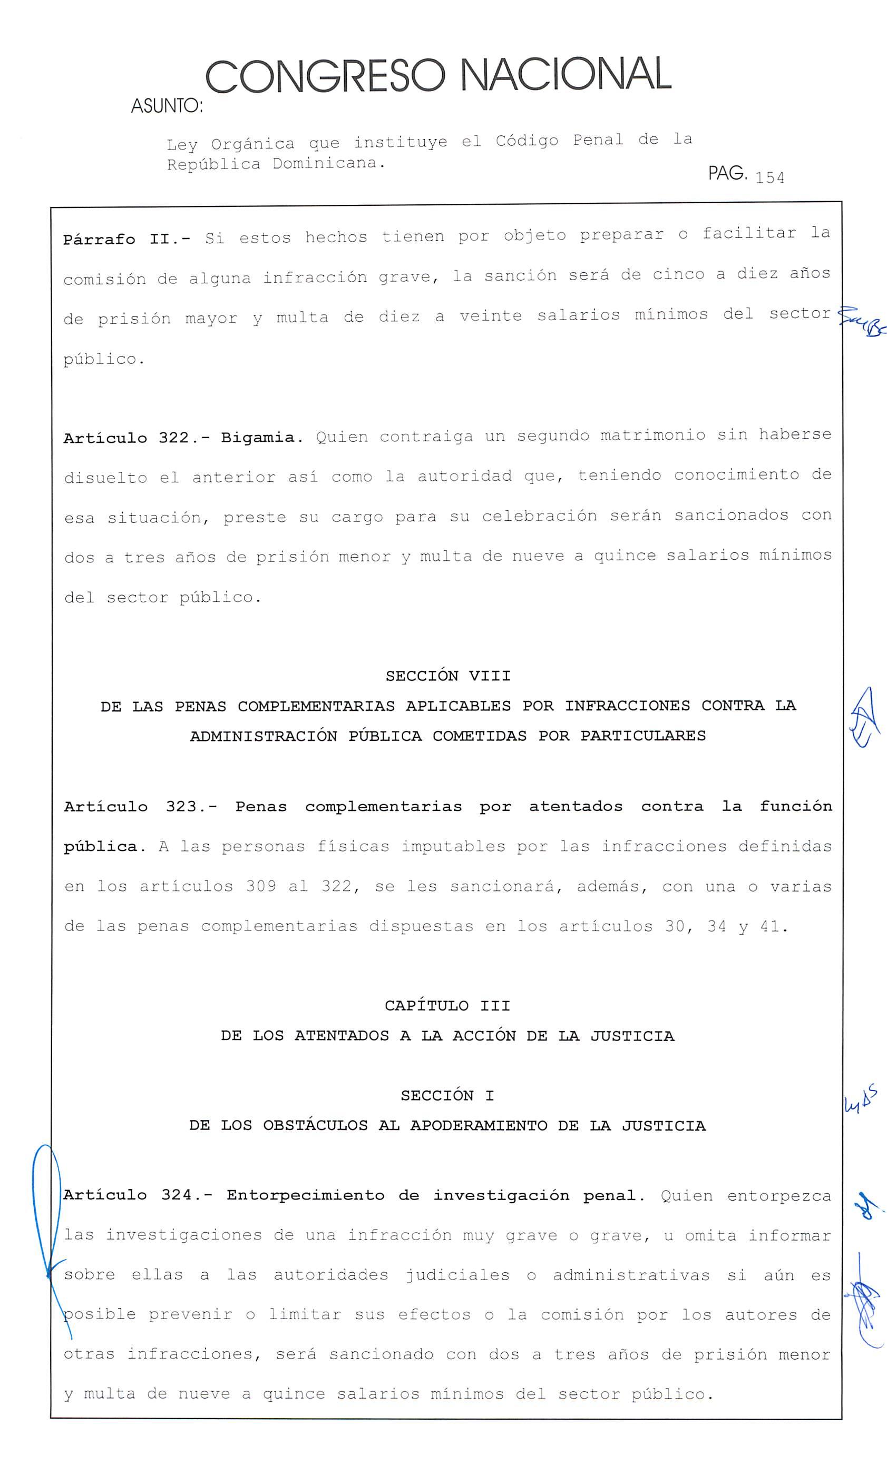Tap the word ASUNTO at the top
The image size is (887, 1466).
click(166, 106)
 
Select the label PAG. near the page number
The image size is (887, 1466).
click(727, 174)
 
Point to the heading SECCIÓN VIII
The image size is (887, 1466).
click(447, 676)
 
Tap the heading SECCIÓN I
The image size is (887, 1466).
click(447, 1095)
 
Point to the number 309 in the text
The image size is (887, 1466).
click(261, 887)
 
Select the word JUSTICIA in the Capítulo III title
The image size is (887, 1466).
click(632, 1036)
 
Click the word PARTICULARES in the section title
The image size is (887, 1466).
click(643, 736)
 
